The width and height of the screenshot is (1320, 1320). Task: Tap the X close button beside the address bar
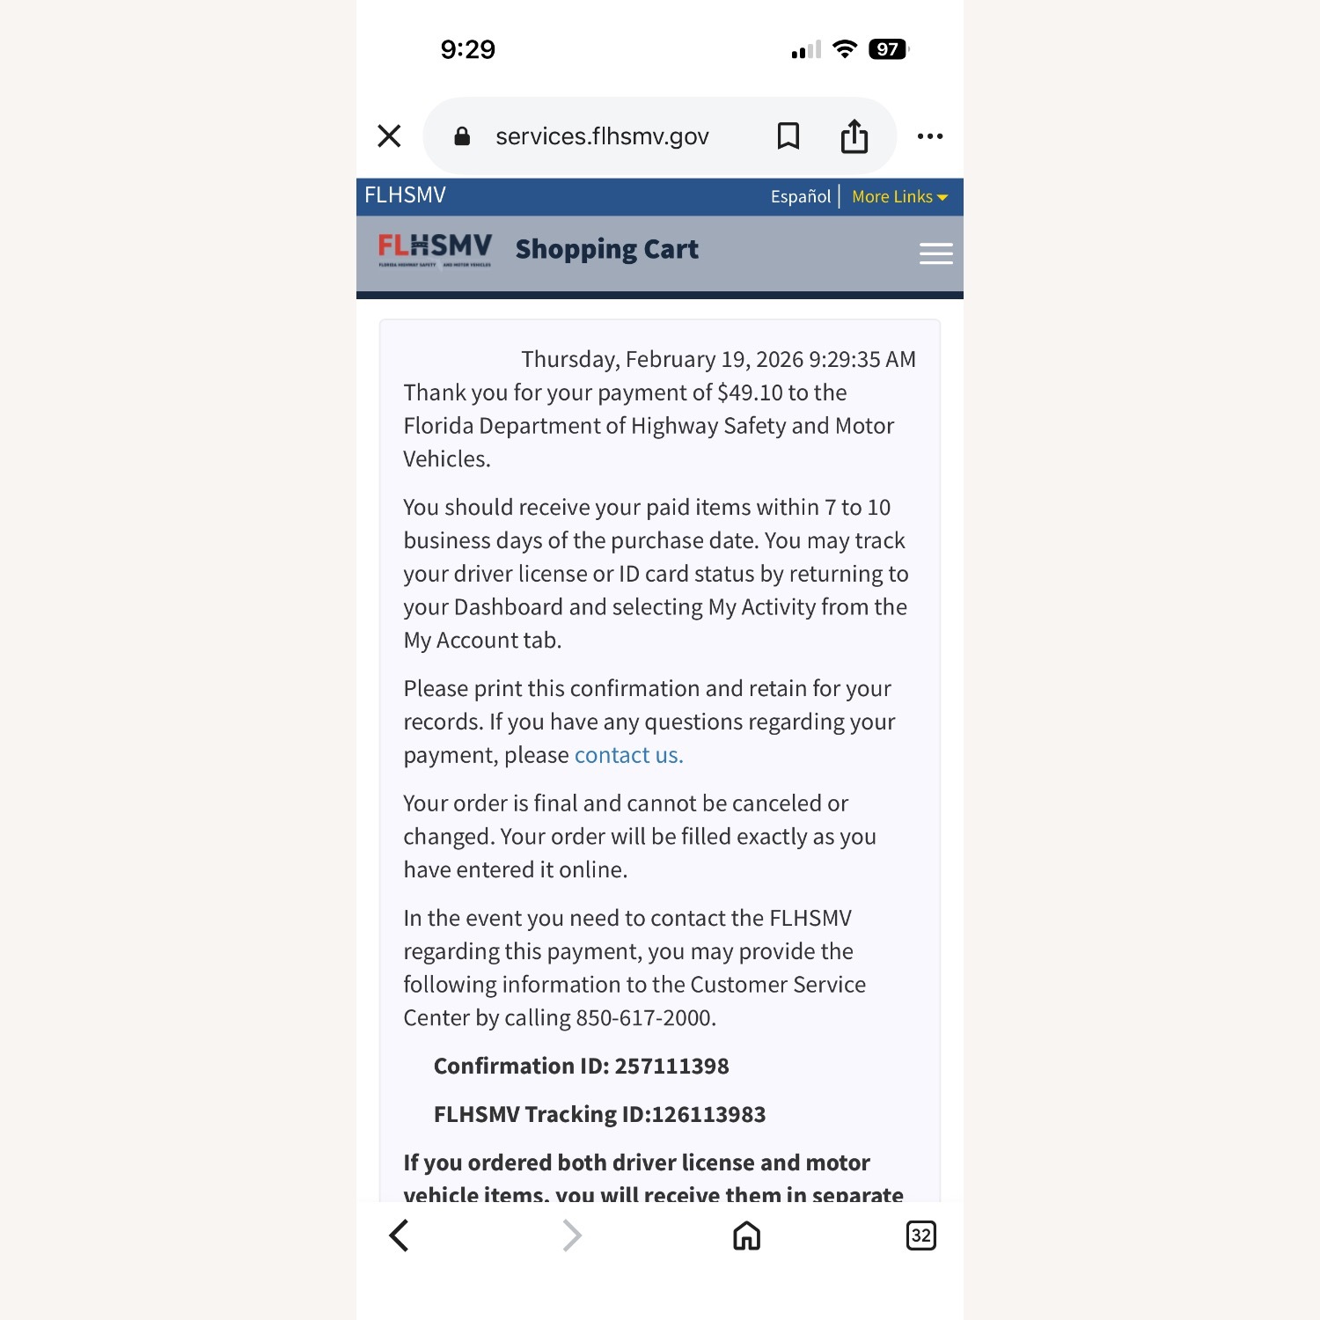pyautogui.click(x=389, y=136)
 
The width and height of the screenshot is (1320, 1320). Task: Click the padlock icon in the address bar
pyautogui.click(x=462, y=136)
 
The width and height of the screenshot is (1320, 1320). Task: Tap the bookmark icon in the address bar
pyautogui.click(x=788, y=136)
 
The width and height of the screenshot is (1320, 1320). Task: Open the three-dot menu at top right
pyautogui.click(x=929, y=136)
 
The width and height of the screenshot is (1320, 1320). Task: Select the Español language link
pyautogui.click(x=800, y=196)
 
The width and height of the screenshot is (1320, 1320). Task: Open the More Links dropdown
pyautogui.click(x=898, y=196)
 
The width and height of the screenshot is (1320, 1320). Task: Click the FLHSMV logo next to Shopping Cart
pyautogui.click(x=435, y=250)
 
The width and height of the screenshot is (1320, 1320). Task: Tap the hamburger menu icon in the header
pyautogui.click(x=935, y=253)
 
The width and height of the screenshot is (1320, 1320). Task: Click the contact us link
pyautogui.click(x=628, y=755)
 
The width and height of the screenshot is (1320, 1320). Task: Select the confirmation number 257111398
pyautogui.click(x=671, y=1067)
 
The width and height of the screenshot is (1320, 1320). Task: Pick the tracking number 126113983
pyautogui.click(x=708, y=1115)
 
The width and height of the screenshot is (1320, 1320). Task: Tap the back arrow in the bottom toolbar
pyautogui.click(x=399, y=1236)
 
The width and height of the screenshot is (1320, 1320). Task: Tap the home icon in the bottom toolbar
pyautogui.click(x=746, y=1236)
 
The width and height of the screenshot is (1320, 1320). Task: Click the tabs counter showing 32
pyautogui.click(x=920, y=1236)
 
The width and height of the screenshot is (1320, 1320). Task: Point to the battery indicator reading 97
pyautogui.click(x=888, y=49)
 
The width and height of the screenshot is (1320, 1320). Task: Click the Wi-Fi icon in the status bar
pyautogui.click(x=845, y=49)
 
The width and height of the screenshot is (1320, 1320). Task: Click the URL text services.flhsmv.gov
pyautogui.click(x=602, y=136)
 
